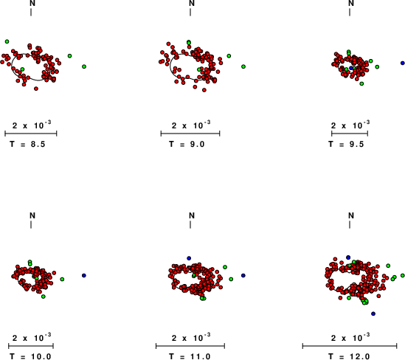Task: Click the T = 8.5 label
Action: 27,144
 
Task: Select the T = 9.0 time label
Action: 187,144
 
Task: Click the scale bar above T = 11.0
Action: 190,346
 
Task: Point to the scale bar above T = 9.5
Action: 350,134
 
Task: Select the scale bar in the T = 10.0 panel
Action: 31,346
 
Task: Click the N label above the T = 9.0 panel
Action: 192,3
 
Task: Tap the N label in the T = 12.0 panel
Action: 351,215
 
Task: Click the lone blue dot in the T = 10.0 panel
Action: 83,276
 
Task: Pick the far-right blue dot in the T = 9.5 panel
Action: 403,63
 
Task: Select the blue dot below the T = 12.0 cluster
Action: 373,314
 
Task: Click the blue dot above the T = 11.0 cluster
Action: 189,258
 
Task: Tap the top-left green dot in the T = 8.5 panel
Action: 7,41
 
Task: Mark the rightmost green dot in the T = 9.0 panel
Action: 243,66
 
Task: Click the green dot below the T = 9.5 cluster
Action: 361,83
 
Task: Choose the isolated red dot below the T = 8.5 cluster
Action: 36,89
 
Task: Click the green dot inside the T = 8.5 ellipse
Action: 22,69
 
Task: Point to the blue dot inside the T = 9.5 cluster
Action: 350,68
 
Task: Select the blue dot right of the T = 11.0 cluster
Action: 243,276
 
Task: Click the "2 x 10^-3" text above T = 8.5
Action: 32,125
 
